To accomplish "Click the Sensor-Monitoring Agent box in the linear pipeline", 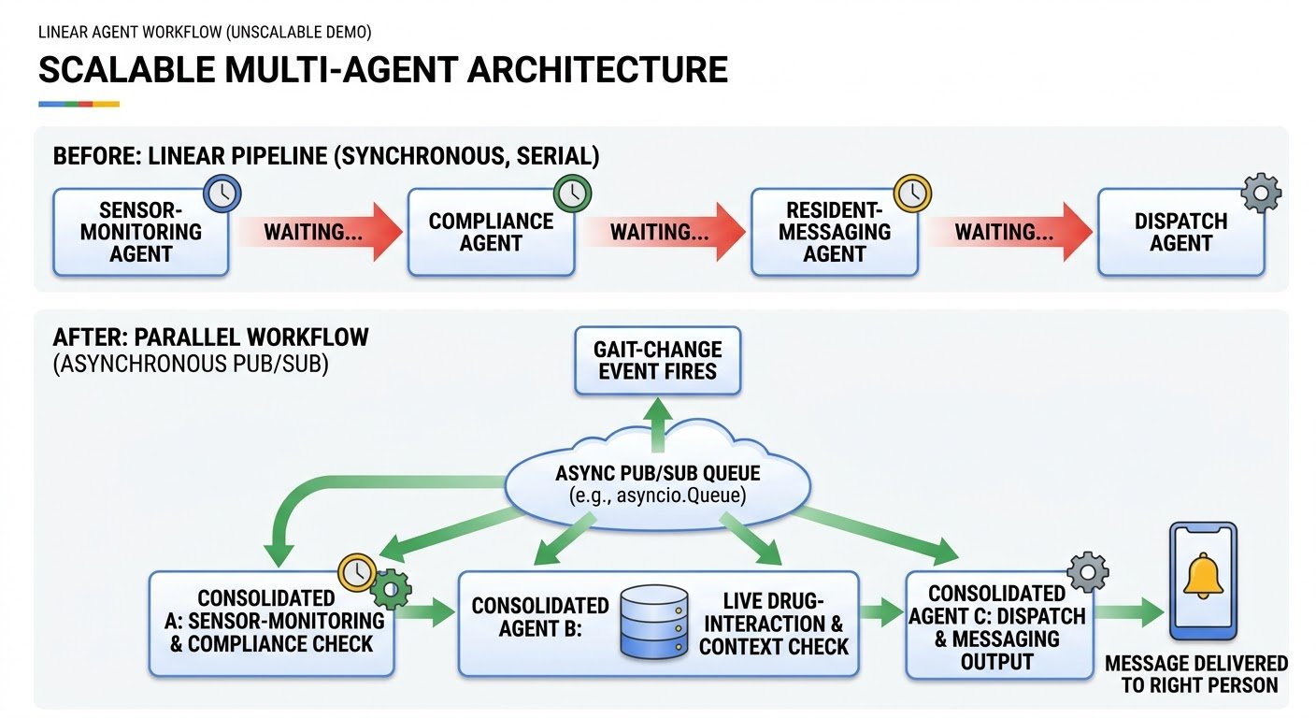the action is click(x=140, y=232).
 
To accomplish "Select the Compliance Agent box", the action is click(x=491, y=232).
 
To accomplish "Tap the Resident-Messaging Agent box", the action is click(x=835, y=232).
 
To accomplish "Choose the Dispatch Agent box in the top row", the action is click(x=1180, y=232).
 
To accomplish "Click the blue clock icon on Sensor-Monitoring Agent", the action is click(x=222, y=194).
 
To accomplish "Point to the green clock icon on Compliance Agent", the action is click(x=572, y=194).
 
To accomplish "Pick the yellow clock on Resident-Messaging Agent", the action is click(x=912, y=194).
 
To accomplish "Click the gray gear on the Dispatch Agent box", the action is click(x=1262, y=193).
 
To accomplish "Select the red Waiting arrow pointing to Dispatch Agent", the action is click(x=1009, y=232).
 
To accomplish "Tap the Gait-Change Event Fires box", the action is click(x=657, y=360).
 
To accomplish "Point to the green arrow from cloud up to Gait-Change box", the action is click(x=657, y=424).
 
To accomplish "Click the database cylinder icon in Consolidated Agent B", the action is click(x=654, y=622).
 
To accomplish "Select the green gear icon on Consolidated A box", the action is click(x=391, y=589).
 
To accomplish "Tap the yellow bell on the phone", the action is click(x=1203, y=576).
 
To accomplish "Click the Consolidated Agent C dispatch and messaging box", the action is click(x=999, y=625).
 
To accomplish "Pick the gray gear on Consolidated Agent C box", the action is click(x=1087, y=572).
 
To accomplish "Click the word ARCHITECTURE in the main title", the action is click(x=597, y=69).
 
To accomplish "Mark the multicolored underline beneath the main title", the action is click(x=79, y=104).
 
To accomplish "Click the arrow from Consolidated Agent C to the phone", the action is click(x=1129, y=612).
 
